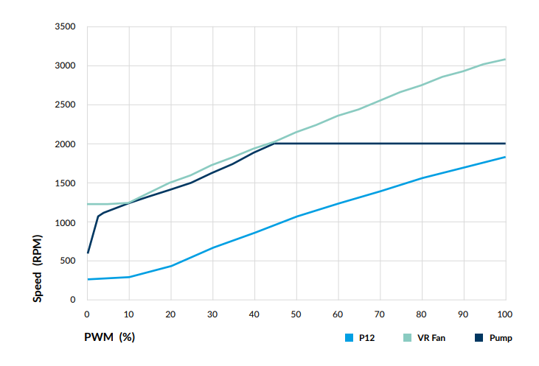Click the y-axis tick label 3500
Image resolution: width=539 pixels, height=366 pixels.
66,27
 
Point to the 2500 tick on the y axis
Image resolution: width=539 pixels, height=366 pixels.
66,105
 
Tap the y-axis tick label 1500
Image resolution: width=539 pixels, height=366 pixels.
66,183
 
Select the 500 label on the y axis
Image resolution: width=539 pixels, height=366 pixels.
69,261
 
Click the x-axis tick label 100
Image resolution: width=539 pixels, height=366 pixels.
505,314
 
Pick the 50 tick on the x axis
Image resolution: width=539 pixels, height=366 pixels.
296,314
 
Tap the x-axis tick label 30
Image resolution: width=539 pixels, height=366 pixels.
213,314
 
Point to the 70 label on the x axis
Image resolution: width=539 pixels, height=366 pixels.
380,314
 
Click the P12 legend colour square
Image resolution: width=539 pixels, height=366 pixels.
349,338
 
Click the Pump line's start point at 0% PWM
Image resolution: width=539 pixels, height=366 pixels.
88,253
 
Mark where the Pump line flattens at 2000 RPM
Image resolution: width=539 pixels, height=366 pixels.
274,144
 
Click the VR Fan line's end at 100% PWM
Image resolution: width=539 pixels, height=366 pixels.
505,59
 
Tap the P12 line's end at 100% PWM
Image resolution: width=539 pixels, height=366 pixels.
505,157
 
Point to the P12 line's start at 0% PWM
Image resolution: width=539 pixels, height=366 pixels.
88,279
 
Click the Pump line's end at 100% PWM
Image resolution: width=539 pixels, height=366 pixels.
505,144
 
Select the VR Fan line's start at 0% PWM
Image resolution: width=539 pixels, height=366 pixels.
88,204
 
